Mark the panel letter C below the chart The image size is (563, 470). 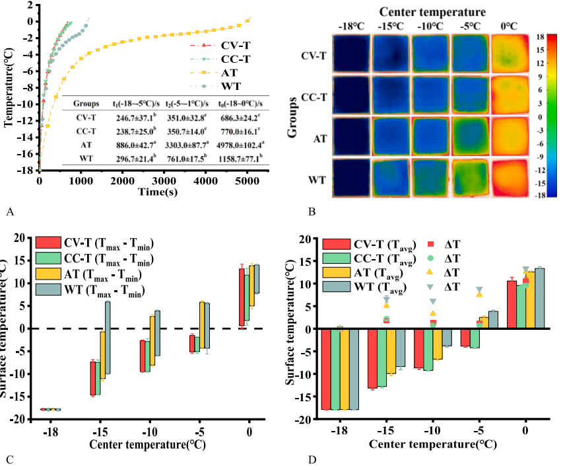[9, 458]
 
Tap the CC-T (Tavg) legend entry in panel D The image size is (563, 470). [372, 259]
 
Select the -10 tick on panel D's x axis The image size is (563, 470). [430, 432]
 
